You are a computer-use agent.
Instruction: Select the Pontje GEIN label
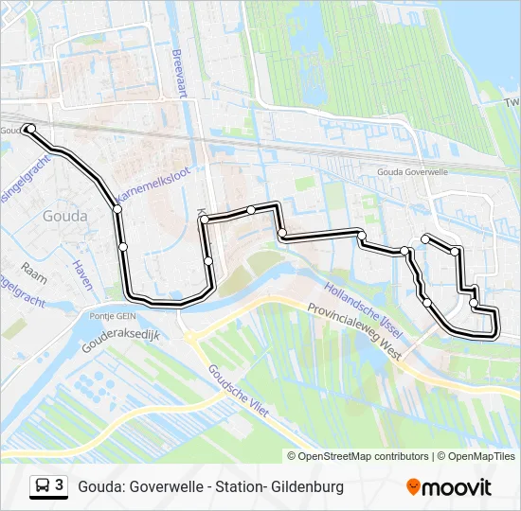click(116, 315)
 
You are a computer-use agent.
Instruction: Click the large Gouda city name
click(65, 216)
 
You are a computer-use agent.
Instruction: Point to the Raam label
click(34, 268)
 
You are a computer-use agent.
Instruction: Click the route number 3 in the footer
click(60, 485)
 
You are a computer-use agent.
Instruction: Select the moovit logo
click(449, 486)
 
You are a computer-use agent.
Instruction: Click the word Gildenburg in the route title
click(307, 487)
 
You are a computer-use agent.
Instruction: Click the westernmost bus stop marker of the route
click(30, 128)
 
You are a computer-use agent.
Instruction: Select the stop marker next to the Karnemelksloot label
click(117, 209)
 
